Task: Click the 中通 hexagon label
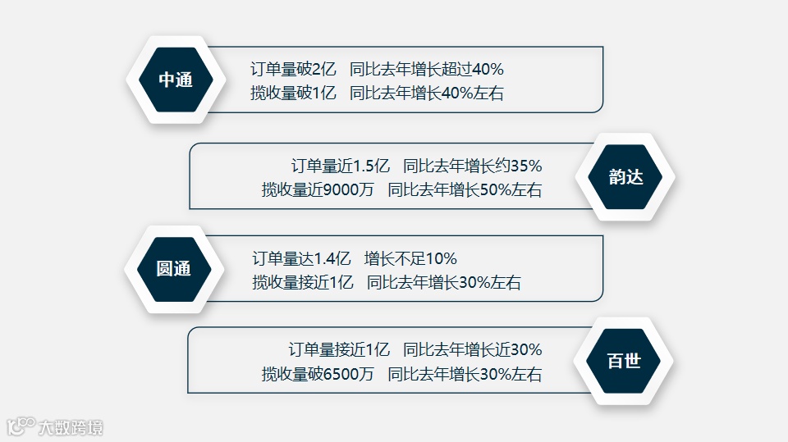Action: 175,80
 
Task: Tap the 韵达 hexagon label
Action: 625,177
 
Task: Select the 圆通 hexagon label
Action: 173,269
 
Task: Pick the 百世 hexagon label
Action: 624,361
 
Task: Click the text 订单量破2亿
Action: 294,70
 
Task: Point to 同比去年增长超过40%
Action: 426,70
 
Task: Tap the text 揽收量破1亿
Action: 294,93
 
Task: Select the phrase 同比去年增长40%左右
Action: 426,93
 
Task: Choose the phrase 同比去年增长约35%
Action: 472,166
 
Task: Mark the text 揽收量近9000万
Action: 318,190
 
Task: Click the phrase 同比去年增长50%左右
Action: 465,190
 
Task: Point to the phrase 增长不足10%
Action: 410,259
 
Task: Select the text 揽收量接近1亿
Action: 303,283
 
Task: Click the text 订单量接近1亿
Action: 339,350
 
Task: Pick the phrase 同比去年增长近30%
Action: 472,350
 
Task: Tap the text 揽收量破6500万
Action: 318,375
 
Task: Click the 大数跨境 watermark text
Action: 72,427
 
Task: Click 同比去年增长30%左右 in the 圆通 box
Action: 443,283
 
